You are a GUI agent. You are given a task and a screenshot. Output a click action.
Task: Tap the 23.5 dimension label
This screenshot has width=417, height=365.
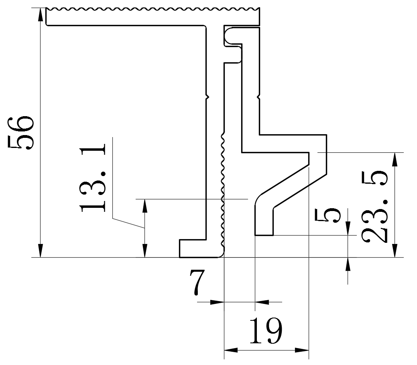point(374,207)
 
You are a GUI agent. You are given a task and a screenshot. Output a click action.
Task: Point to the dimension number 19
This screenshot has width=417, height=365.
point(266,331)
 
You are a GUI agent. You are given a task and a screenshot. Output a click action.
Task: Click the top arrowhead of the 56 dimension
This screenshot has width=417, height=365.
point(40,14)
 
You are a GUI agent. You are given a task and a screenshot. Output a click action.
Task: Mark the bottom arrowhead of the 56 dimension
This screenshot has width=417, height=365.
point(40,251)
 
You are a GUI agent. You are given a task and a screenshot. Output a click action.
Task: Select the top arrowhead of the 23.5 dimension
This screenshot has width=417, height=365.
point(395,158)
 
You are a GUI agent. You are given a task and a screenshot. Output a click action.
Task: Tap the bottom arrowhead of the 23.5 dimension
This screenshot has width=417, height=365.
point(395,251)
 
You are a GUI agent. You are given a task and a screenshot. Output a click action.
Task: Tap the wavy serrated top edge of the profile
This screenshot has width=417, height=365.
point(153,9)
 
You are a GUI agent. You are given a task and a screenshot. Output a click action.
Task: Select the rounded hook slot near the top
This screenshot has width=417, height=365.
point(232,35)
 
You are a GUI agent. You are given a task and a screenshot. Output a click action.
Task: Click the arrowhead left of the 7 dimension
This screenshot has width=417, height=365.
point(217,301)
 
